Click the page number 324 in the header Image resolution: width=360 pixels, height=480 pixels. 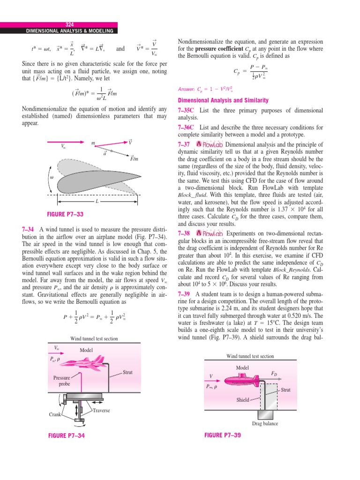pos(69,25)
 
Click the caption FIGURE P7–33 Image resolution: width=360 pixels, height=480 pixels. pos(66,215)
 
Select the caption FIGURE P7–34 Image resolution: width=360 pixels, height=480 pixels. pos(67,435)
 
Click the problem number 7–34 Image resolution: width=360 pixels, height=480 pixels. pos(29,229)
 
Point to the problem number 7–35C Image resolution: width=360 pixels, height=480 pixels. pos(187,110)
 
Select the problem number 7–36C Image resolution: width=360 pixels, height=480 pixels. pos(187,127)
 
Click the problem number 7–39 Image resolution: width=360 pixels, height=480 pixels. pos(184,294)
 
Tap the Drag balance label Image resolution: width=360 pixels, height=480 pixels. pos(265,424)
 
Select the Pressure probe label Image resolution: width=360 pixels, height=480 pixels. pos(61,381)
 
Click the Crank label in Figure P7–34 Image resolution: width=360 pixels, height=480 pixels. pos(55,414)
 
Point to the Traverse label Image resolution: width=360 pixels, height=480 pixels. pos(101,411)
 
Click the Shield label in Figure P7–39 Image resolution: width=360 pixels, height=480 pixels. pos(242,400)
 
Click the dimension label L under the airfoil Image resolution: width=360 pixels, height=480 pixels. pos(97,201)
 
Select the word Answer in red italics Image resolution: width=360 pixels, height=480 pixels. pos(187,89)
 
